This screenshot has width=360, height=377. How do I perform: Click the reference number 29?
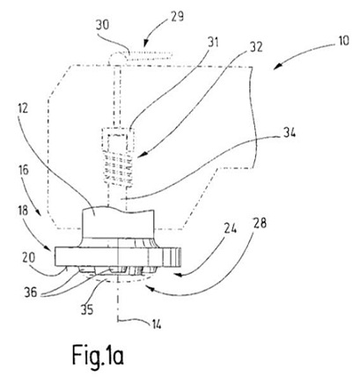point(176,16)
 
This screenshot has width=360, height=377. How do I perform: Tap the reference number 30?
point(102,25)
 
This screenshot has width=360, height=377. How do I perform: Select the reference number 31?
point(213,42)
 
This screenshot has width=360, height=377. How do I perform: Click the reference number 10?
point(342,41)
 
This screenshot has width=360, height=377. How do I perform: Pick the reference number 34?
point(289,134)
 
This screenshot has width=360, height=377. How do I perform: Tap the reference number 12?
point(23,108)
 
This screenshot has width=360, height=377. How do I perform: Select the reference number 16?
point(24,170)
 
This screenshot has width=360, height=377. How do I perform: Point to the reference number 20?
point(28,257)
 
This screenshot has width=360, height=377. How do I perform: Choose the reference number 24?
point(230,229)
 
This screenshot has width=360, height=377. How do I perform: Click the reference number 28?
point(260,223)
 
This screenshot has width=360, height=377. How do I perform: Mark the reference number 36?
point(32,292)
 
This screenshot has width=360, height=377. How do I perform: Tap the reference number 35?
point(87,309)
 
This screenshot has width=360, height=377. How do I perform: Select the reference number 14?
point(156,324)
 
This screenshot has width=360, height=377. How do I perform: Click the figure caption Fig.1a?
point(98,355)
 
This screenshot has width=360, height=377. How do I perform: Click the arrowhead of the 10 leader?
point(276,68)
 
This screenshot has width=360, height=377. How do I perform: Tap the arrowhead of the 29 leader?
point(145,43)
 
